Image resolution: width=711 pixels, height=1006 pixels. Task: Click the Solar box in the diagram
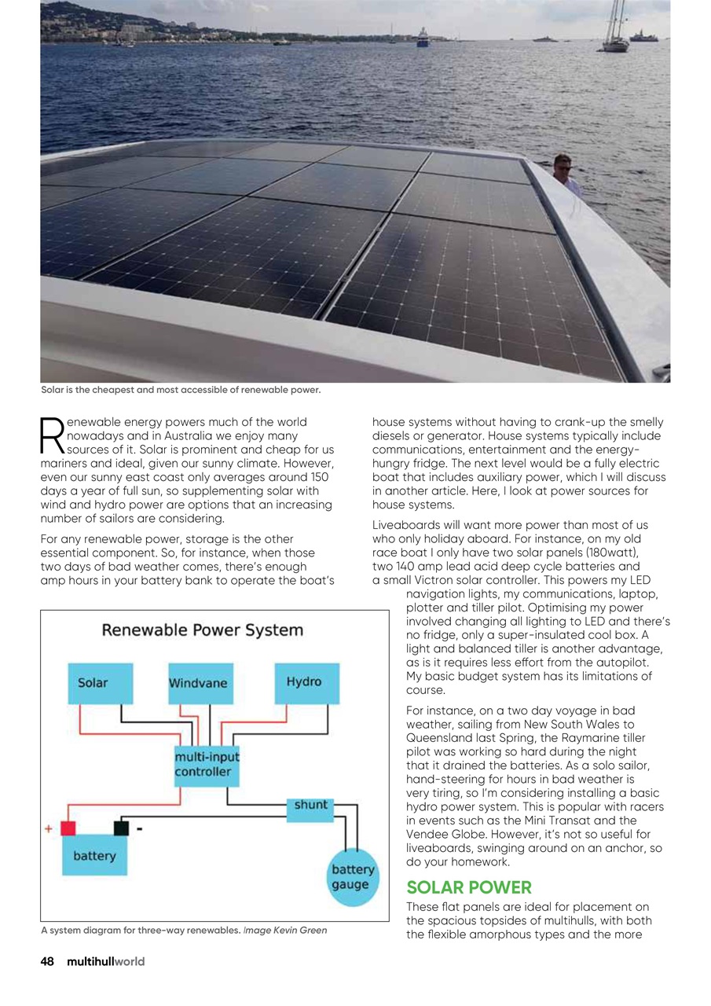(x=101, y=683)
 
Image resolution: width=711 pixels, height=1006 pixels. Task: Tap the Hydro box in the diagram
(x=306, y=682)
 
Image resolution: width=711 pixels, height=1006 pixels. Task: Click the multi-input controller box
(x=206, y=765)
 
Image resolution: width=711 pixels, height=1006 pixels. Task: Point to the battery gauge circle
(x=352, y=877)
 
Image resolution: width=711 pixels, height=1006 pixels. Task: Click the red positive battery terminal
(x=69, y=828)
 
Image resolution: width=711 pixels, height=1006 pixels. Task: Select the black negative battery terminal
(x=122, y=828)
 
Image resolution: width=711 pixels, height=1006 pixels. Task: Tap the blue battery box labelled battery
(x=94, y=857)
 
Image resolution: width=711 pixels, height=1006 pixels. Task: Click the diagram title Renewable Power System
(x=202, y=630)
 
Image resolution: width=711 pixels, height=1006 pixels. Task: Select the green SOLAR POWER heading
(x=469, y=888)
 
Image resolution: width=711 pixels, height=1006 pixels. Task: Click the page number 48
(x=47, y=961)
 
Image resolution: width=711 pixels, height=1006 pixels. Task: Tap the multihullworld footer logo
(x=106, y=961)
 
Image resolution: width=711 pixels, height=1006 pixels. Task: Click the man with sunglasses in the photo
(x=565, y=171)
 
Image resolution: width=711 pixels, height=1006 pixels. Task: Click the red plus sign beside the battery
(x=49, y=828)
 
